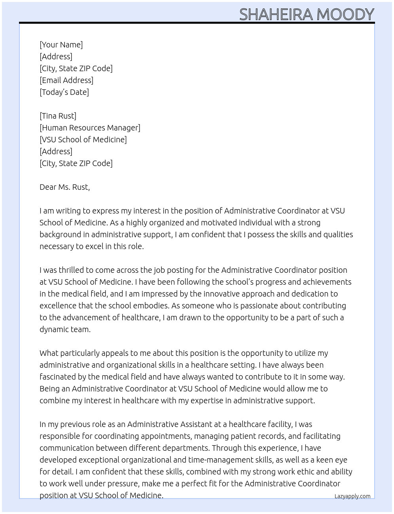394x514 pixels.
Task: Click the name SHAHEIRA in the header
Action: pos(276,14)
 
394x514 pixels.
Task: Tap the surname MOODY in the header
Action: pos(345,14)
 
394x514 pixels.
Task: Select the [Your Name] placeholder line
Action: pos(61,45)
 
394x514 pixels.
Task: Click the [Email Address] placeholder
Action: pos(66,80)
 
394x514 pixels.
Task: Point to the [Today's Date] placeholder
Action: pos(64,92)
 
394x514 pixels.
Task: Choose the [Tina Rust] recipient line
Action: pos(58,116)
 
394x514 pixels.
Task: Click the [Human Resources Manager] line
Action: pos(90,128)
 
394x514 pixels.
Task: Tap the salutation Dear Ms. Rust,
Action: pos(64,187)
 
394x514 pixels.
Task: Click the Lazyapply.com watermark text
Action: pos(352,496)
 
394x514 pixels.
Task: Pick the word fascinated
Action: pos(58,377)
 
